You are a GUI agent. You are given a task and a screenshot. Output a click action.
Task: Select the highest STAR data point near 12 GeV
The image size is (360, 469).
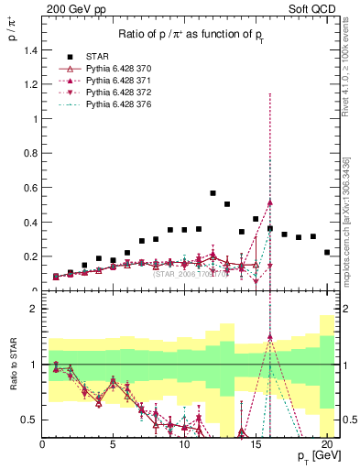(213, 193)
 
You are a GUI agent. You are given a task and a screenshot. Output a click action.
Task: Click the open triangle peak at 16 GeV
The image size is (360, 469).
(270, 202)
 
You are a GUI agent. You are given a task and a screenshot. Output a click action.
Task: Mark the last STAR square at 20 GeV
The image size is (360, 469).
(327, 252)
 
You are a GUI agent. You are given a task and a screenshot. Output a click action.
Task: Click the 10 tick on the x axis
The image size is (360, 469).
(184, 445)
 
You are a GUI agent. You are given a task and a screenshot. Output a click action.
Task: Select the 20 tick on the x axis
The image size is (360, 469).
(327, 445)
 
